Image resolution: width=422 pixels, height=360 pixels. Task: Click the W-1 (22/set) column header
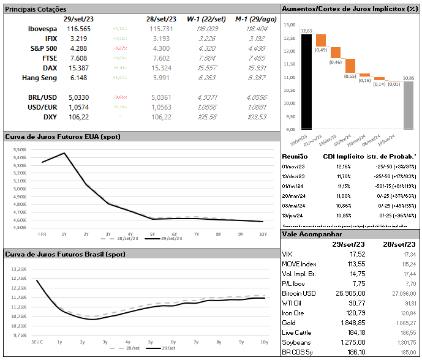click(203, 20)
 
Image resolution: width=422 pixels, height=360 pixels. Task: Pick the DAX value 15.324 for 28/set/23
click(159, 68)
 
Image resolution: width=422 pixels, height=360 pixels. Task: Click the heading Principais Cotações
click(36, 9)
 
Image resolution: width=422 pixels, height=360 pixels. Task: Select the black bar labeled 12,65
click(298, 81)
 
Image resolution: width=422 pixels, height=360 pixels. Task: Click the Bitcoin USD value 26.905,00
click(349, 293)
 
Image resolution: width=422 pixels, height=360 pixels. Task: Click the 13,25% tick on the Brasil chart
click(18, 269)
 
